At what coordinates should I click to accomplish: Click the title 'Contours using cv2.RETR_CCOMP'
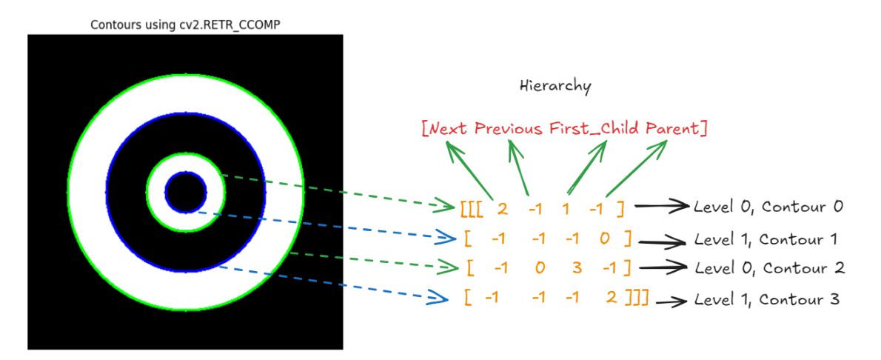[185, 24]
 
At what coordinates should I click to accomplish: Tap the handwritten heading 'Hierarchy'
[555, 86]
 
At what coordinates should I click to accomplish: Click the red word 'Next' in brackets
[447, 128]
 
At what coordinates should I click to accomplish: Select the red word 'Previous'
[510, 128]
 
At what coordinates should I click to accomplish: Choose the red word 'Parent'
[672, 128]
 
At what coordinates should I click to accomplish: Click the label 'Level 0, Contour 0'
[768, 207]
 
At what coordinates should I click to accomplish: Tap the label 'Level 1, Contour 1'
[769, 239]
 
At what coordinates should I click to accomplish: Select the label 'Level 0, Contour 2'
[769, 267]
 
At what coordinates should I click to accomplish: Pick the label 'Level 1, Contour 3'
[768, 300]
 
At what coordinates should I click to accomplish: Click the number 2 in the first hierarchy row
[503, 208]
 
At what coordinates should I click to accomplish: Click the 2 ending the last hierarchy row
[611, 298]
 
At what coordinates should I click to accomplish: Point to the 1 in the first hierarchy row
[566, 208]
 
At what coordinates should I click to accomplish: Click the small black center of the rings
[186, 193]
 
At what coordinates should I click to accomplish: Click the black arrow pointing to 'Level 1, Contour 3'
[669, 301]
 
